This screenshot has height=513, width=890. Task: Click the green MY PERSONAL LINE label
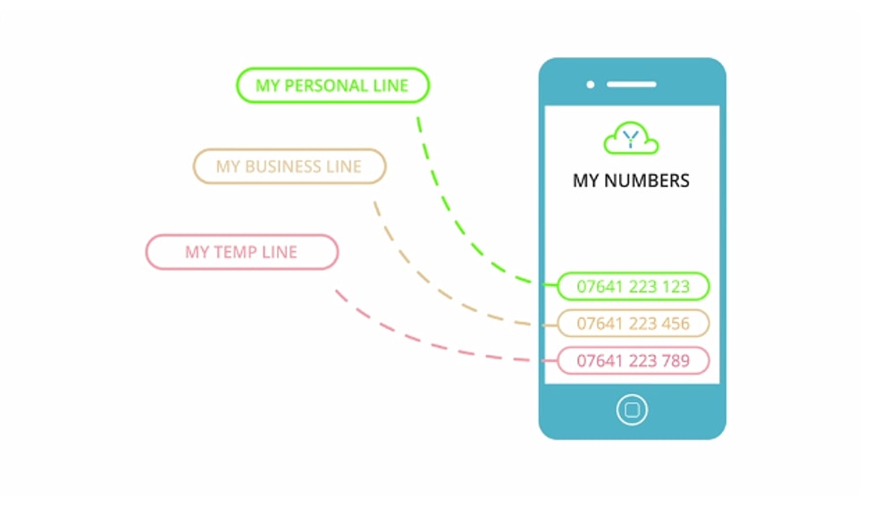(x=332, y=86)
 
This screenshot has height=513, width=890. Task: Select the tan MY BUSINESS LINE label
(x=289, y=166)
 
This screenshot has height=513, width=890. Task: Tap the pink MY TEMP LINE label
(x=241, y=252)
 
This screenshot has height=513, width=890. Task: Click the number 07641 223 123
(x=633, y=287)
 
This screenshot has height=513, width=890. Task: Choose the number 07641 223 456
(x=633, y=324)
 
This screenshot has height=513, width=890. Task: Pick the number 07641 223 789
(x=633, y=361)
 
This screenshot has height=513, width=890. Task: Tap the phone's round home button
(x=632, y=410)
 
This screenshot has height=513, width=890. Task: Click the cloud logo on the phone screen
(x=631, y=139)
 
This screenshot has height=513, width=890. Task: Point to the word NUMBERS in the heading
(x=647, y=181)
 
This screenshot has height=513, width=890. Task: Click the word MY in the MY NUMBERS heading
(x=586, y=181)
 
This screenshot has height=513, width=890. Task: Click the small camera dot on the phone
(x=591, y=85)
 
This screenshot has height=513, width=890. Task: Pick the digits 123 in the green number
(x=675, y=287)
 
